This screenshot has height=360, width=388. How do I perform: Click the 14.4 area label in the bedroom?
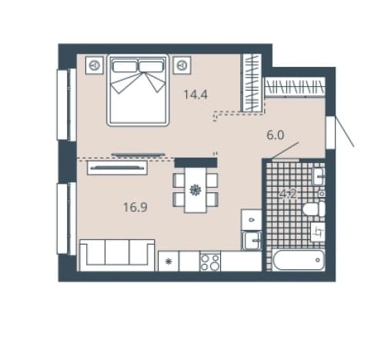click(x=196, y=95)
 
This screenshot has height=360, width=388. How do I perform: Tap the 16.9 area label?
click(x=135, y=207)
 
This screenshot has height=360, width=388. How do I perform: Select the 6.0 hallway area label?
click(x=276, y=135)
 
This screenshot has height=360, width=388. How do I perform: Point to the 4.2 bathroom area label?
click(x=288, y=194)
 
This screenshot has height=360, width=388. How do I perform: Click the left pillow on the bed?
click(x=125, y=66)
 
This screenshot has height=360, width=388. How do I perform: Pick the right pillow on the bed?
click(x=151, y=66)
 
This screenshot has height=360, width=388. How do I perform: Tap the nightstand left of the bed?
click(x=95, y=65)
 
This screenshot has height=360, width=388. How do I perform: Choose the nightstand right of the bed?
click(x=182, y=65)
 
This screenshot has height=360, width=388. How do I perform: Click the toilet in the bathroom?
click(x=314, y=208)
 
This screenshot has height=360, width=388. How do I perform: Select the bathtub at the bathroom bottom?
click(x=299, y=260)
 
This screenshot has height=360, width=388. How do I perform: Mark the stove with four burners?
click(x=210, y=261)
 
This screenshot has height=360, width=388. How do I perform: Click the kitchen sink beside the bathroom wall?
click(x=252, y=240)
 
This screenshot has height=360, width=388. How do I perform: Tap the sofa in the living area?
click(x=117, y=255)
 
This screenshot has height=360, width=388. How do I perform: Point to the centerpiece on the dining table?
click(x=196, y=190)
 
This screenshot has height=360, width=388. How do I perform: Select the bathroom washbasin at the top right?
click(x=319, y=176)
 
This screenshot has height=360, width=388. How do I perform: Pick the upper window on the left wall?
click(x=66, y=105)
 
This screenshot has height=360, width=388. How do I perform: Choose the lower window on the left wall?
click(x=66, y=218)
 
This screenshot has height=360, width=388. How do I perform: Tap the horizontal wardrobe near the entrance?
click(x=295, y=87)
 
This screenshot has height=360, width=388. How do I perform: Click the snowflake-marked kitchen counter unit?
click(x=169, y=262)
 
